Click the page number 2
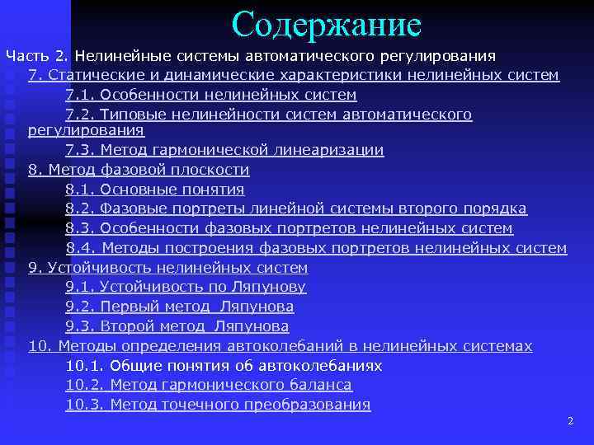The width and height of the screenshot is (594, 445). pyautogui.click(x=570, y=421)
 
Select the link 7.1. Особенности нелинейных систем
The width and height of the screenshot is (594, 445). pyautogui.click(x=210, y=95)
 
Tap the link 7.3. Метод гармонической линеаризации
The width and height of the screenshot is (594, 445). pyautogui.click(x=224, y=150)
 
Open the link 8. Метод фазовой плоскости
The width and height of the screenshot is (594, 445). pyautogui.click(x=139, y=170)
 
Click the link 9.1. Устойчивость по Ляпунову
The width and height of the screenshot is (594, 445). pyautogui.click(x=186, y=287)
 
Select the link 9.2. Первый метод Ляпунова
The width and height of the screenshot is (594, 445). pyautogui.click(x=179, y=307)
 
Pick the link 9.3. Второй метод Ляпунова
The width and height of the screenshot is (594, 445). pyautogui.click(x=177, y=326)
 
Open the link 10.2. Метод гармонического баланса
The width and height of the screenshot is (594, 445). pyautogui.click(x=209, y=385)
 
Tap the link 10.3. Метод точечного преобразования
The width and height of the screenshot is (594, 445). pyautogui.click(x=218, y=405)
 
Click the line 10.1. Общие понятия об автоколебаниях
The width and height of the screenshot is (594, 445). pyautogui.click(x=224, y=365)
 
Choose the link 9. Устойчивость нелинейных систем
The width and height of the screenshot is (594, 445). pyautogui.click(x=168, y=268)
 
